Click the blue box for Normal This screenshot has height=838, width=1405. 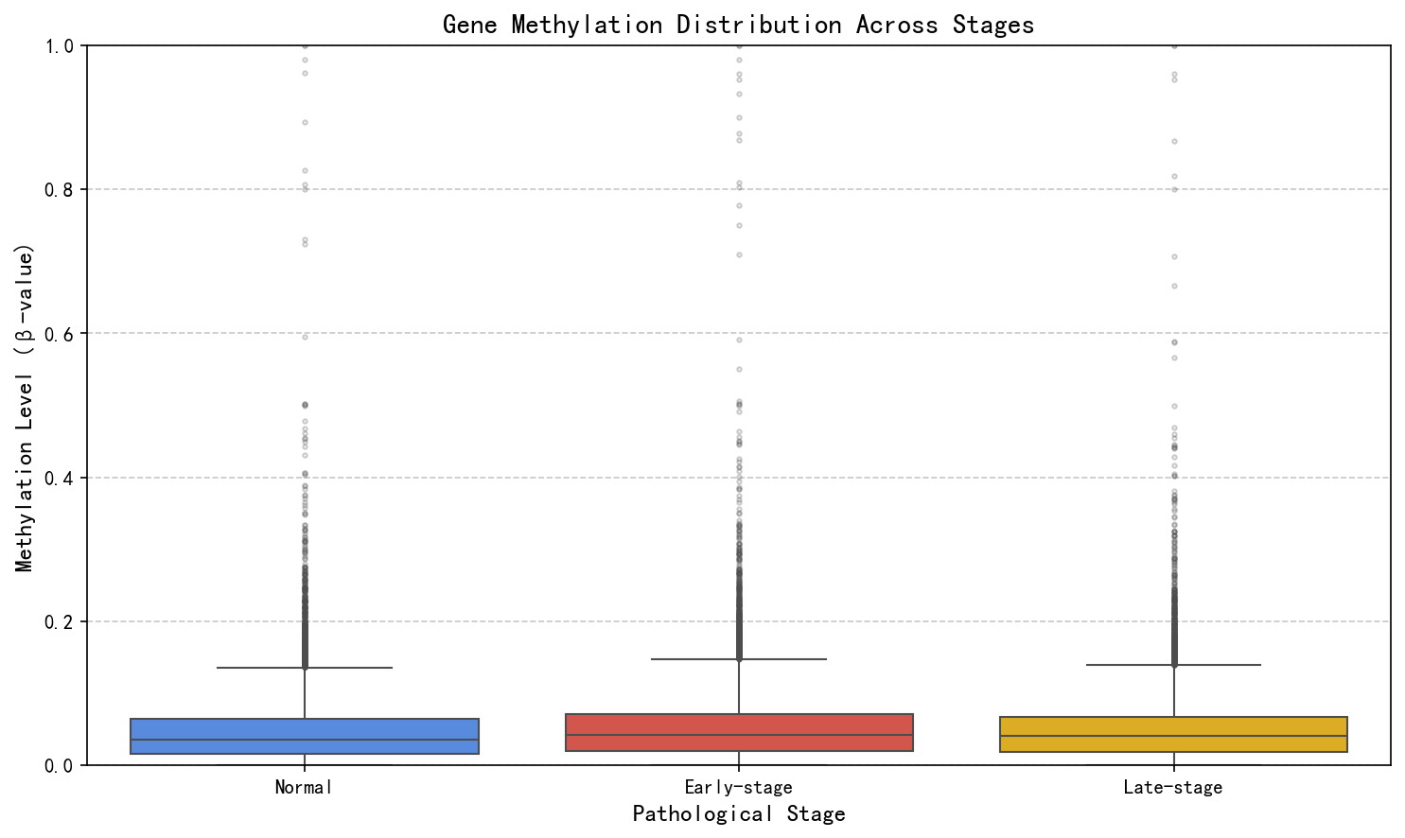pos(305,736)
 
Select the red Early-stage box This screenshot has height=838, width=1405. pos(739,732)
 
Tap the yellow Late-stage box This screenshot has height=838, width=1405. pos(1173,734)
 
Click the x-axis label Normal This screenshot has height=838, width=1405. pos(305,787)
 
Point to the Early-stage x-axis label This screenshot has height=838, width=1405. pos(739,787)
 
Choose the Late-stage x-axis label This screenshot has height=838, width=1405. pos(1173,787)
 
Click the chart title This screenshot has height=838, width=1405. pos(739,25)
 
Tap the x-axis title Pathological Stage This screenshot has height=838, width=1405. pos(739,814)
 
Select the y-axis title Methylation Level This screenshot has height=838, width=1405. pos(25,408)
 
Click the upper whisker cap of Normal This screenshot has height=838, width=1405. pos(305,668)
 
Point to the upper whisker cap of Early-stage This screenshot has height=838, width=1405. pos(739,659)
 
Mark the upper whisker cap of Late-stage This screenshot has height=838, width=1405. pos(1173,665)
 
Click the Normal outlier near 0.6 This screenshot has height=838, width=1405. pos(305,337)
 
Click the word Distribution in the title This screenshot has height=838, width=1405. pos(758,25)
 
